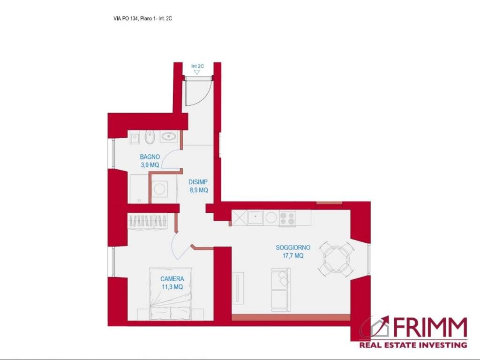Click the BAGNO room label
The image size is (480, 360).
point(150,157)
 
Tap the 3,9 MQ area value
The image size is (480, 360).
point(150,165)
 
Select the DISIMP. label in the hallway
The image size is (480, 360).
point(198,182)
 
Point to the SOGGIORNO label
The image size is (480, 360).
point(293,247)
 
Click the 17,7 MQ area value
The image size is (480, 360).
point(293,255)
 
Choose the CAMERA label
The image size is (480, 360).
point(172,279)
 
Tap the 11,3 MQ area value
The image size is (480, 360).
point(172,287)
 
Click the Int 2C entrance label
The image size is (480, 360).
point(197,66)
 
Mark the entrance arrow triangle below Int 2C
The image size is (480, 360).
point(197,72)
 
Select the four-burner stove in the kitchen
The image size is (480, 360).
point(287,218)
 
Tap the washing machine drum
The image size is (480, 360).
point(159,188)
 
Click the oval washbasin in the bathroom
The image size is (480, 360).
point(168,136)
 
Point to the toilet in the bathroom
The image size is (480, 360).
point(150,137)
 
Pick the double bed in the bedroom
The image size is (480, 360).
point(170,294)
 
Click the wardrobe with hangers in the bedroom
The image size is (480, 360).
point(148,220)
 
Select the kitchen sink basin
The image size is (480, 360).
point(255,217)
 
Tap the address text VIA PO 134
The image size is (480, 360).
point(126,18)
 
